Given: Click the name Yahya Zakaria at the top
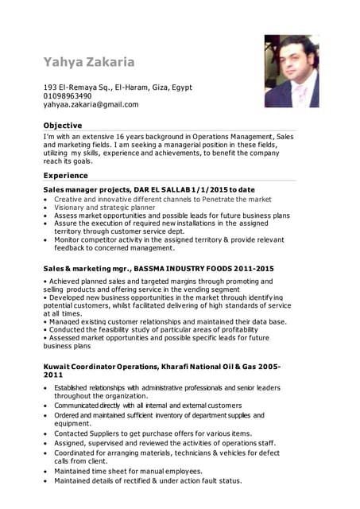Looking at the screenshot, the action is click(x=89, y=61).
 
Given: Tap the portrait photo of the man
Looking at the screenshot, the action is click(x=291, y=71).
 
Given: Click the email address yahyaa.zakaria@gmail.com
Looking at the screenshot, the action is click(x=91, y=104).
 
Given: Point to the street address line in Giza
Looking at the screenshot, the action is click(x=117, y=87).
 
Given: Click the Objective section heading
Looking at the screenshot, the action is click(x=63, y=126).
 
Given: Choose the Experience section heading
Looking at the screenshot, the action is click(x=66, y=175).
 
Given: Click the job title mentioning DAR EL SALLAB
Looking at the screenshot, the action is click(x=149, y=190).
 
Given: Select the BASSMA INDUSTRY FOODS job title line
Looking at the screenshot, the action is click(x=158, y=269).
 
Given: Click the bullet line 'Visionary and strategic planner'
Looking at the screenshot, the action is click(x=105, y=207).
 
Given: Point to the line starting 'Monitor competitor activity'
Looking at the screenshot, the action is click(x=167, y=239).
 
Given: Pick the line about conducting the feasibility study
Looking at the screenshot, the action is click(x=151, y=329).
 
